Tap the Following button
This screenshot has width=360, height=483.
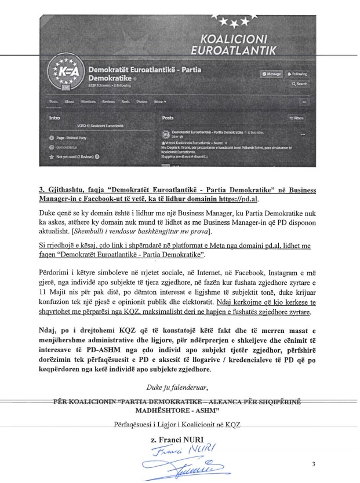tap(297, 74)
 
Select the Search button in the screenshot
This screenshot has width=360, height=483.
tap(300, 84)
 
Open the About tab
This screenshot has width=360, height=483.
tap(70, 101)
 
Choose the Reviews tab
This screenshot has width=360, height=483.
tap(108, 101)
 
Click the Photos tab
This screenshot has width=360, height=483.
tap(141, 101)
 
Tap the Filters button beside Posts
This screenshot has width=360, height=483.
tap(296, 118)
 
